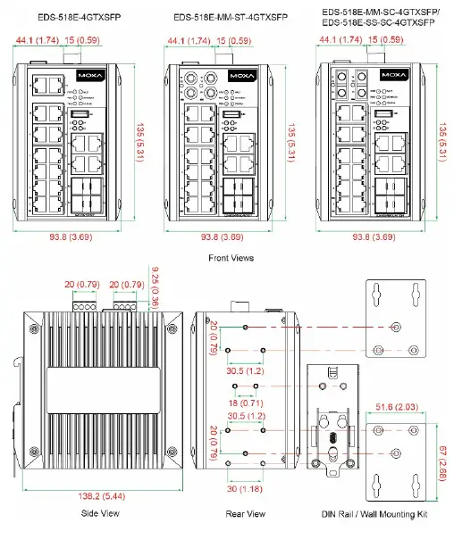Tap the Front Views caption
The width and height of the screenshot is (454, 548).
(x=231, y=258)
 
